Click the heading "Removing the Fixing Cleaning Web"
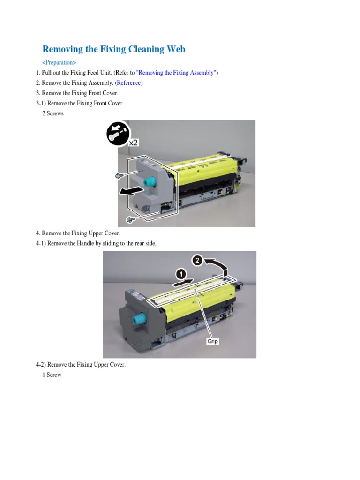pos(113,49)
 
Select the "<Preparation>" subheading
pos(59,63)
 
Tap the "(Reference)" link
pos(128,83)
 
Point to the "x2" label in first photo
pos(134,142)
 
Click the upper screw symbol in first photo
pos(119,175)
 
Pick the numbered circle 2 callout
pos(197,260)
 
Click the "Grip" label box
pos(213,341)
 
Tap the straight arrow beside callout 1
pos(183,283)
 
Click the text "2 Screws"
pos(52,113)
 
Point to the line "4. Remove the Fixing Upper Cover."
pos(78,233)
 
